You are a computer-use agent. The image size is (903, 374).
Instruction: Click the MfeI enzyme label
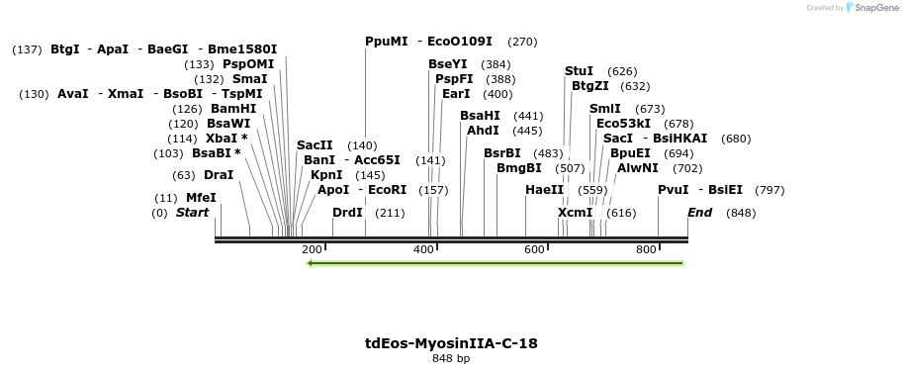[201, 198]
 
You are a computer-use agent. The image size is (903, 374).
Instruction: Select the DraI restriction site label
[219, 175]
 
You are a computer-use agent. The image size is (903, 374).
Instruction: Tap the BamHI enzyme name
[233, 109]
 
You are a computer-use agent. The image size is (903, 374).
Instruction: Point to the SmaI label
[250, 79]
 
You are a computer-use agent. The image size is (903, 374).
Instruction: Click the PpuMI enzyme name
[386, 43]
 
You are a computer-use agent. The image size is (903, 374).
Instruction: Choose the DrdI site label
[347, 213]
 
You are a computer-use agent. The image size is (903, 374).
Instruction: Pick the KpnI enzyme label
[326, 175]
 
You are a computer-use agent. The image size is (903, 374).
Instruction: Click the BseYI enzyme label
[448, 64]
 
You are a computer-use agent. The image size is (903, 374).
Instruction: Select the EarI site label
[456, 94]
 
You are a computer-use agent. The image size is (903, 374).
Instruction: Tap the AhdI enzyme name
[483, 131]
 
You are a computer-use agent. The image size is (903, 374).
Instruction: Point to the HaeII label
[544, 190]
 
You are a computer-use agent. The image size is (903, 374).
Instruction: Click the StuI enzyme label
[579, 71]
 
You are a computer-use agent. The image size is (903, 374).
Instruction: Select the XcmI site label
[575, 213]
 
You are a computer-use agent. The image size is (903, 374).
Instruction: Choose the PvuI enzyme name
[673, 190]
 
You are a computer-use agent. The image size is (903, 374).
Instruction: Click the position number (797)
[769, 190]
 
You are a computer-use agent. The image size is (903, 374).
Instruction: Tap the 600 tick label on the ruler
[534, 249]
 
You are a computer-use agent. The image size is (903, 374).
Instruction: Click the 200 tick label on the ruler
[312, 249]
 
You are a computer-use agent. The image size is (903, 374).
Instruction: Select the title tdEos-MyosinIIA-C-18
[451, 343]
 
